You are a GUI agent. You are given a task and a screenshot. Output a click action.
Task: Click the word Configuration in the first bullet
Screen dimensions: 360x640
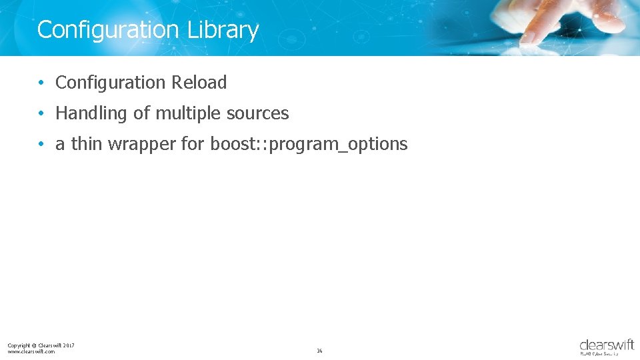(x=111, y=83)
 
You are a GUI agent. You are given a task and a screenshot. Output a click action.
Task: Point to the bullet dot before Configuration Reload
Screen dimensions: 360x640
(x=41, y=83)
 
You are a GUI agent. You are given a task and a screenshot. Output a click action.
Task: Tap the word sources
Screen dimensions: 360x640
(x=257, y=114)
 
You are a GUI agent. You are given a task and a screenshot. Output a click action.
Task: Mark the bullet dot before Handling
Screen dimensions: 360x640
(x=41, y=114)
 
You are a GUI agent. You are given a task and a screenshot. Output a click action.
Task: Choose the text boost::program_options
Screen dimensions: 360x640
(x=309, y=145)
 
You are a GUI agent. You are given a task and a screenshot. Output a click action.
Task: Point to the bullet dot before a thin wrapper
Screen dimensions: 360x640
(x=41, y=145)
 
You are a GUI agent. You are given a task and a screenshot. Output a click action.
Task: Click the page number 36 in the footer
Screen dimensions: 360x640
(x=319, y=351)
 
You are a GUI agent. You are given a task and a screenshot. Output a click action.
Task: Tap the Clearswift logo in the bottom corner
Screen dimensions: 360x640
(x=606, y=347)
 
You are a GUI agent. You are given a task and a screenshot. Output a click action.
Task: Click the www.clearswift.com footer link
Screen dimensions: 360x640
(x=31, y=351)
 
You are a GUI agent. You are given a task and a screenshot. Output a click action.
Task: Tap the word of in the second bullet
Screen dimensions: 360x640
(x=142, y=114)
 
